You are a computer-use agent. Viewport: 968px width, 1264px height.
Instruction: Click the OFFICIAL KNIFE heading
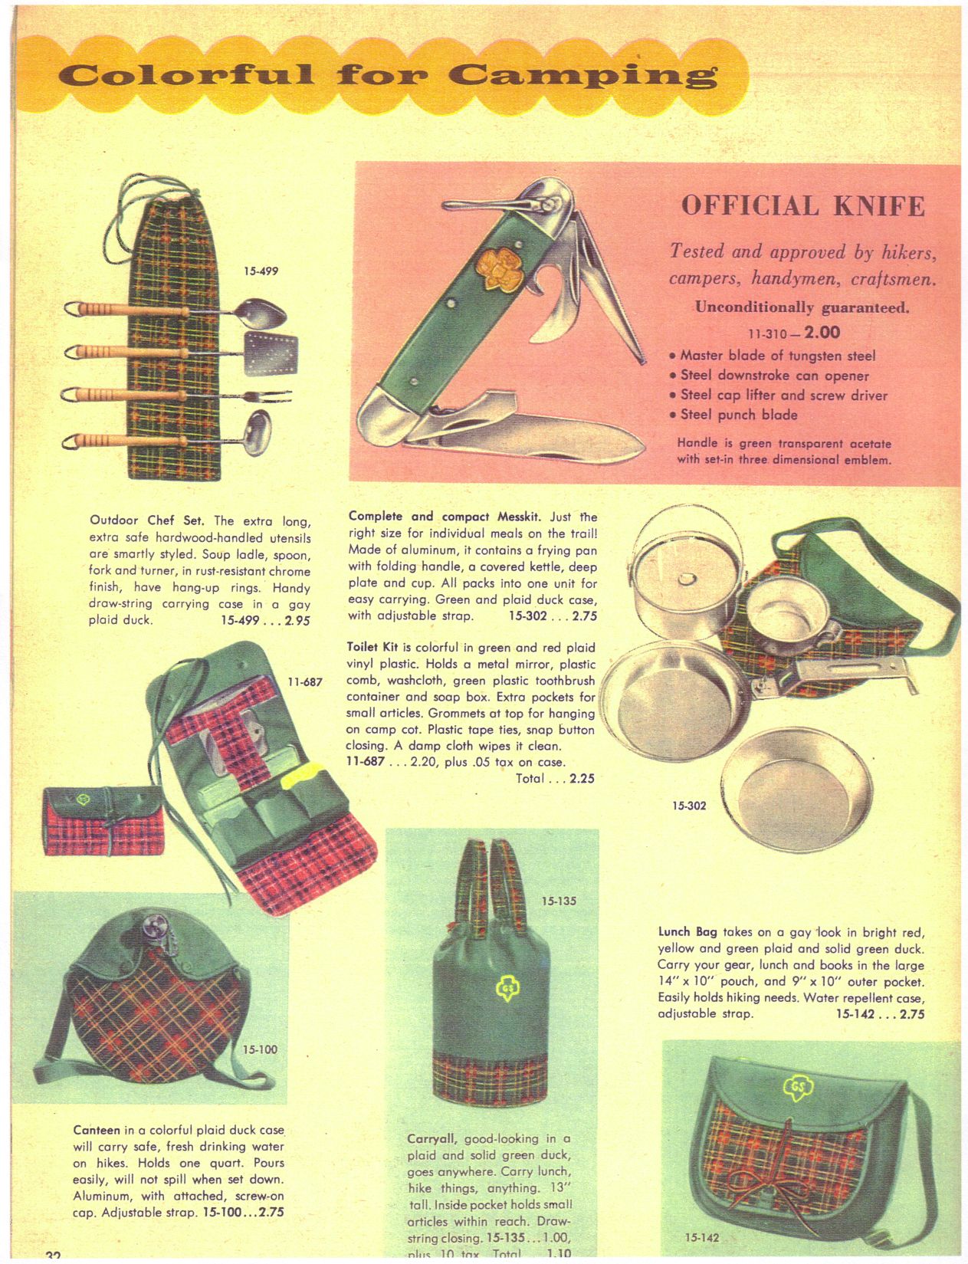coord(803,206)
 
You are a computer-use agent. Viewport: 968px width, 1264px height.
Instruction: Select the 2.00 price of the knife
coord(822,333)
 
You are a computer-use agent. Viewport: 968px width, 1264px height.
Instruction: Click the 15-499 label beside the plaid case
coord(261,271)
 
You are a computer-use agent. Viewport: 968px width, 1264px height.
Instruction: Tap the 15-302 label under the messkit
coord(690,806)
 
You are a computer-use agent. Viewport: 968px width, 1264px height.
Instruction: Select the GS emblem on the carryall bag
coord(506,987)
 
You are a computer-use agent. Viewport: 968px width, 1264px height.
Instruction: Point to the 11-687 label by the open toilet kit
coord(305,681)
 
